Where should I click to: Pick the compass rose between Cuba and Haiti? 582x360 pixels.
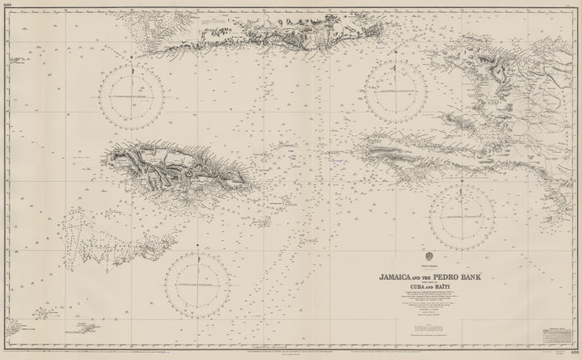[x=396, y=91]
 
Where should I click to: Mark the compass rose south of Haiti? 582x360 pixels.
[x=462, y=216]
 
